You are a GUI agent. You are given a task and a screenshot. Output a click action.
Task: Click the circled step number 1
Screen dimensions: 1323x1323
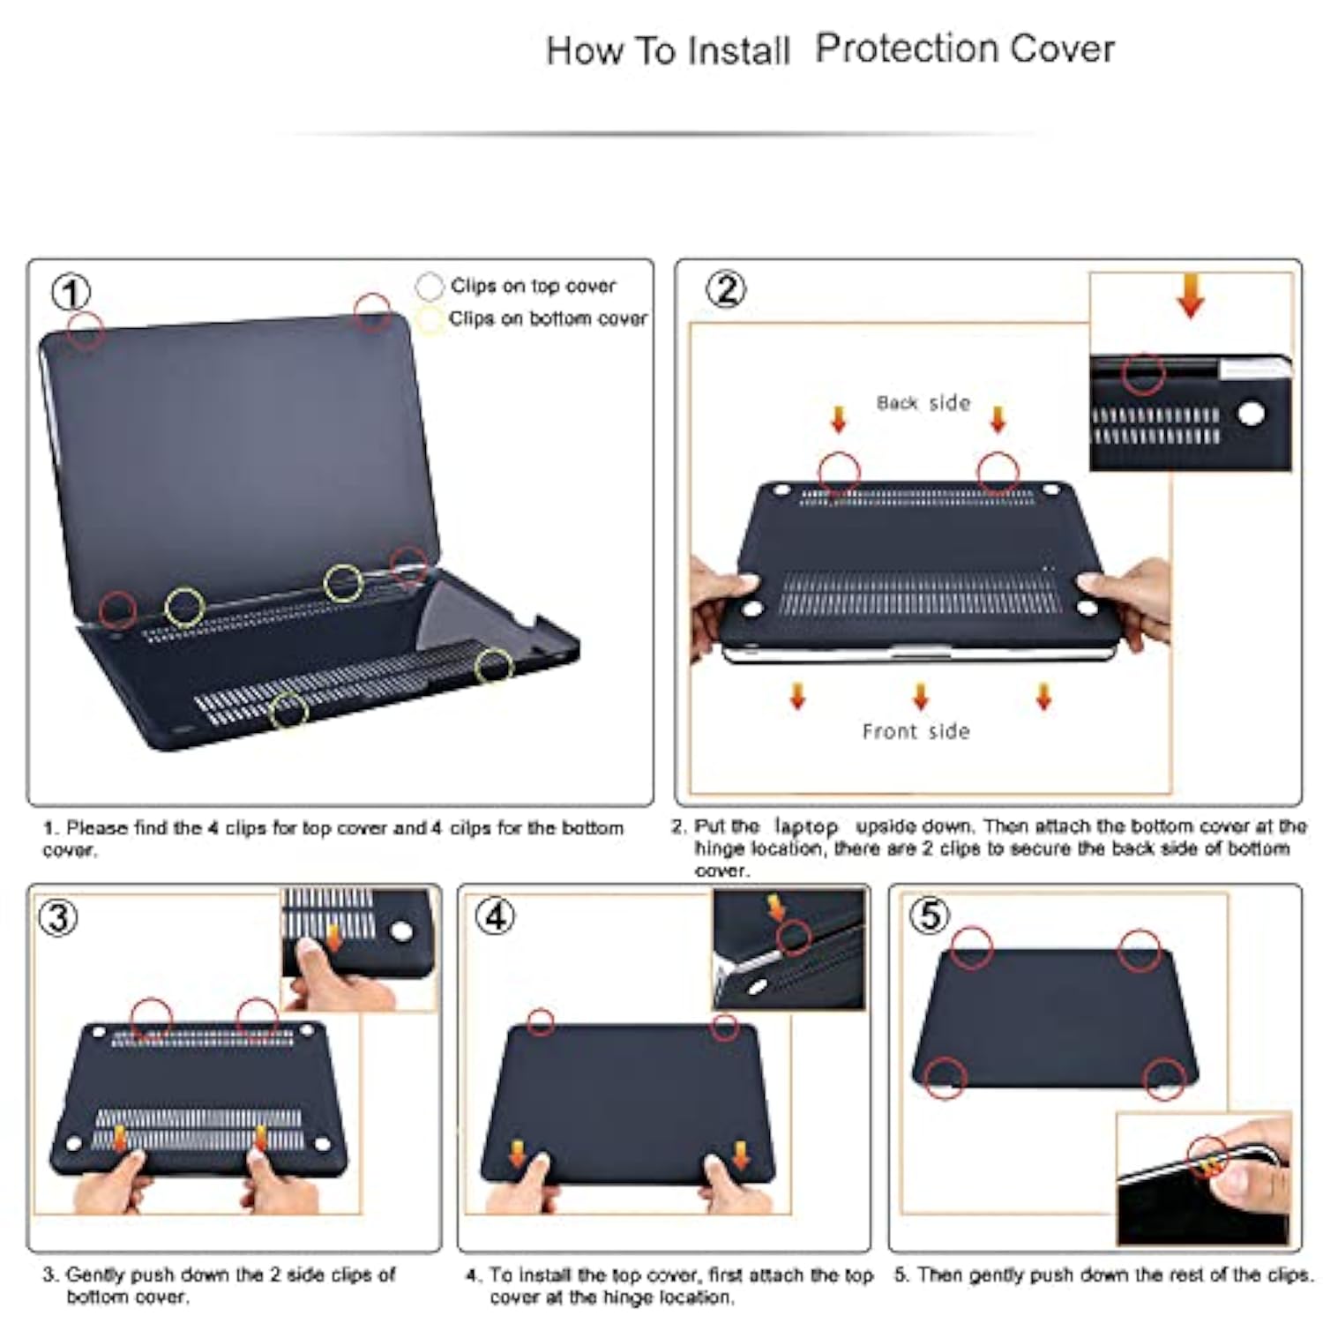click(x=71, y=292)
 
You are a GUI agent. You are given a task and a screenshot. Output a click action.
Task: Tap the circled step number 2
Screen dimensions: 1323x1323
click(x=727, y=289)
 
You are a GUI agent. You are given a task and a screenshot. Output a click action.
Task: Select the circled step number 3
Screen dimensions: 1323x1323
click(x=58, y=917)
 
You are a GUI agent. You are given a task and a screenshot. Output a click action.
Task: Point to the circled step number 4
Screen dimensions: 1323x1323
click(x=495, y=916)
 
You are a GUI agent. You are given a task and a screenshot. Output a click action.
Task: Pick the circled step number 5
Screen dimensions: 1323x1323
click(x=930, y=915)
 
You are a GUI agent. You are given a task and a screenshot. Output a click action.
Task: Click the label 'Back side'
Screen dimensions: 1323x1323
click(x=923, y=403)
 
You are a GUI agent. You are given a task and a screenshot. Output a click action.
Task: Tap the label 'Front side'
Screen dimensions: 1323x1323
click(x=916, y=731)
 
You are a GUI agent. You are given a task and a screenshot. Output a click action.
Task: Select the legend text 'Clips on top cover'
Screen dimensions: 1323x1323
click(x=533, y=286)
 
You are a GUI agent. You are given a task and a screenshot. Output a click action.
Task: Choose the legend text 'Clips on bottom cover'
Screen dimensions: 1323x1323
click(x=548, y=318)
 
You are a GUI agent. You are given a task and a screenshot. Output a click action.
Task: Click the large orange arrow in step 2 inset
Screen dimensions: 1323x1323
click(x=1191, y=295)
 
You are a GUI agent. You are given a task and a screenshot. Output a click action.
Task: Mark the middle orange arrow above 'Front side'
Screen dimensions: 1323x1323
click(x=921, y=696)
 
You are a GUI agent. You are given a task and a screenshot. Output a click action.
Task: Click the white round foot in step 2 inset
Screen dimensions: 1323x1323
click(x=1251, y=414)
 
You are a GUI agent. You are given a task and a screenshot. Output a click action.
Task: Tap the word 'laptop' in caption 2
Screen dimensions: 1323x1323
click(x=806, y=826)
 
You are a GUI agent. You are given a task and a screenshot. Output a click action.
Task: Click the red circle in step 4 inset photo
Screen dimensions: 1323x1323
click(x=794, y=937)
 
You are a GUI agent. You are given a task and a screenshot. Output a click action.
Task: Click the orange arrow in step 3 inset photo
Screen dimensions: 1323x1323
click(x=334, y=938)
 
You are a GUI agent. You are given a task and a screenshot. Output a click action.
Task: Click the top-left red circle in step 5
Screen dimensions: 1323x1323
click(x=972, y=948)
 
